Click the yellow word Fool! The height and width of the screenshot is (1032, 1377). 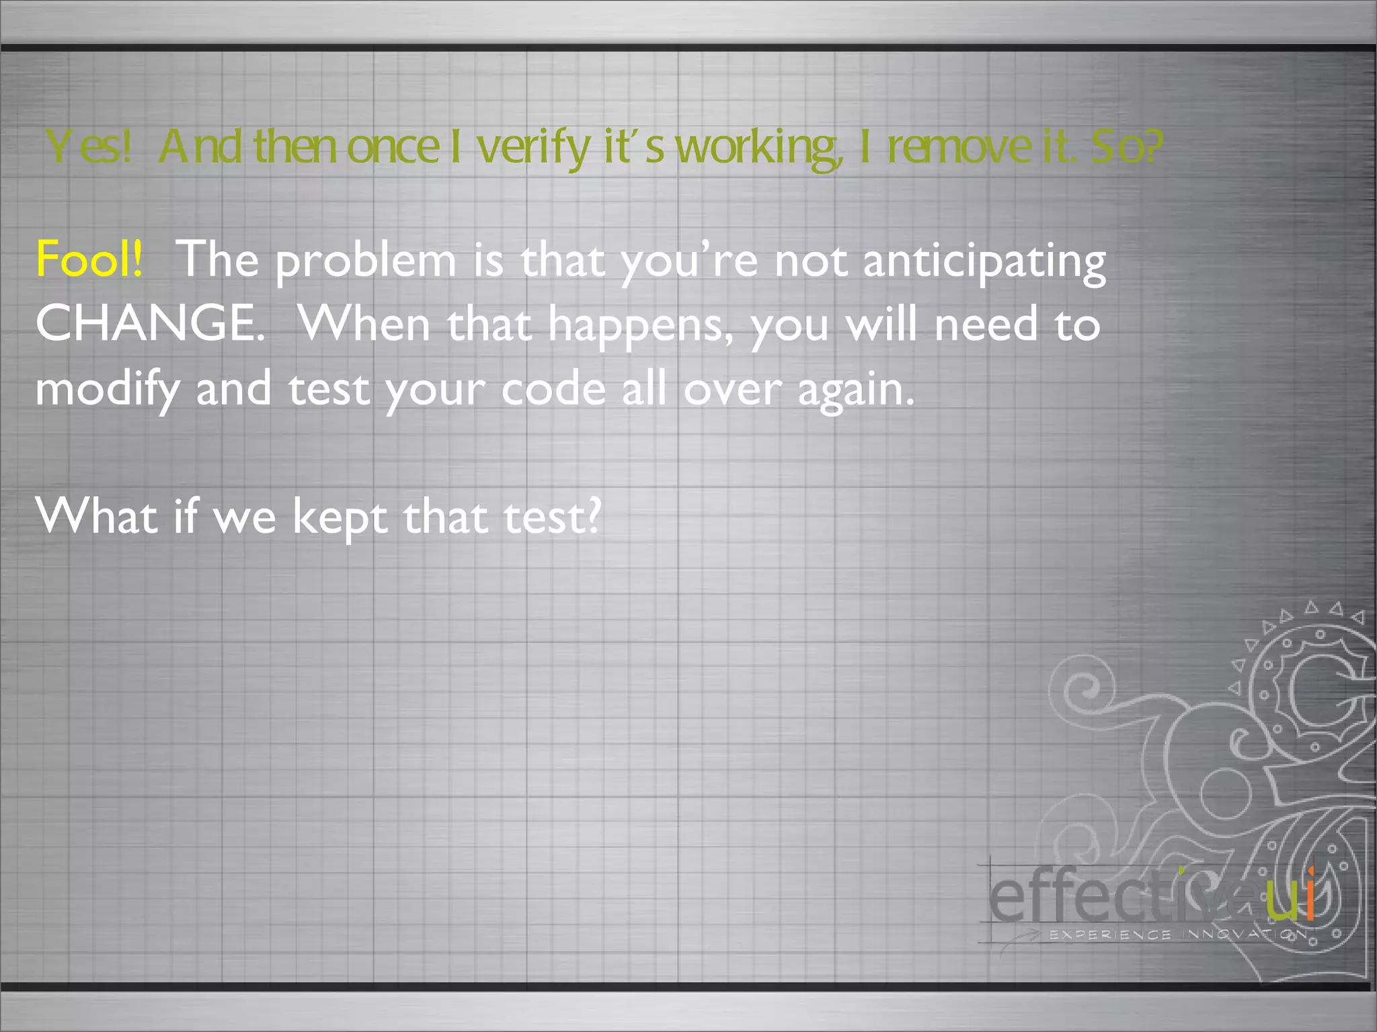[x=89, y=259]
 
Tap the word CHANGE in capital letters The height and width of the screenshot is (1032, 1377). [x=149, y=323]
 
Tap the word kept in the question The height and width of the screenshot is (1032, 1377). [x=340, y=518]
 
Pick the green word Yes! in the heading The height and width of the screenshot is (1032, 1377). [x=88, y=147]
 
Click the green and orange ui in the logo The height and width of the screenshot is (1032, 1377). [x=1290, y=898]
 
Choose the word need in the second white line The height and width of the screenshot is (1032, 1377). [x=986, y=325]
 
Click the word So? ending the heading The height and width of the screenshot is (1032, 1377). [x=1126, y=147]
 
